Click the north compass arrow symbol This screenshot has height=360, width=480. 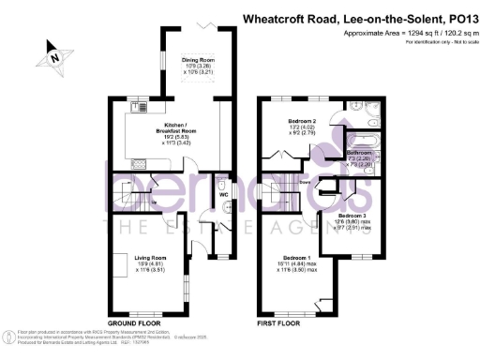click(55, 57)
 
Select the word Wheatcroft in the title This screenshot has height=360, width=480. click(278, 17)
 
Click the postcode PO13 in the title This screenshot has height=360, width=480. click(457, 17)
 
